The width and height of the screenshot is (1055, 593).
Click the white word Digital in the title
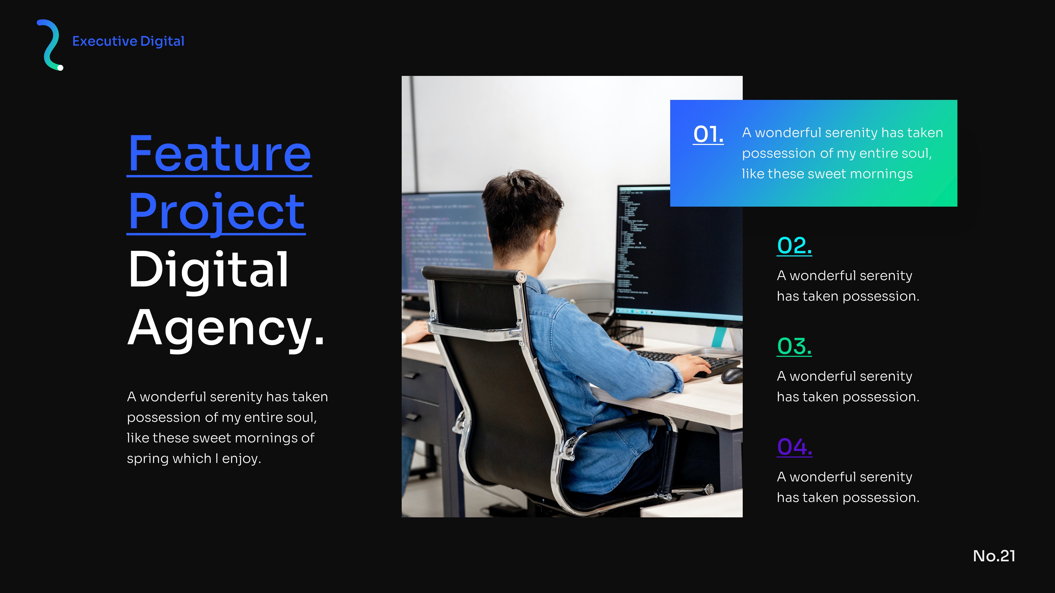click(x=208, y=270)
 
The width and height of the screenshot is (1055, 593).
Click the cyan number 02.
click(x=794, y=246)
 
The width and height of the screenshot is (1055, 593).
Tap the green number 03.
click(x=794, y=346)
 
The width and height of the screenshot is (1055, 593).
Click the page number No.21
click(x=994, y=556)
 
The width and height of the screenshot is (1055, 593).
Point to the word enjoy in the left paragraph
click(x=241, y=459)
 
